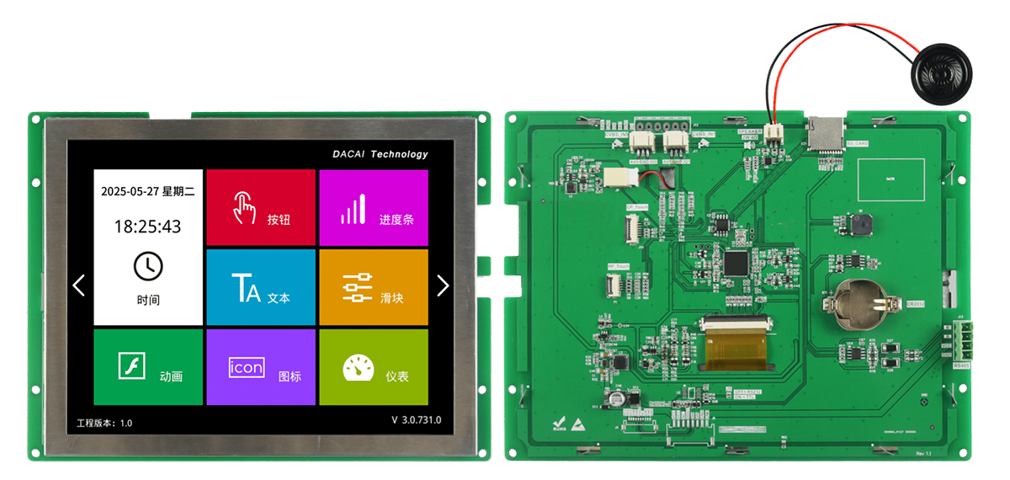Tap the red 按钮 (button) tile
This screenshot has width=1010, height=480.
tap(261, 208)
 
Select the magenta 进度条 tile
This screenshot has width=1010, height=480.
tap(373, 208)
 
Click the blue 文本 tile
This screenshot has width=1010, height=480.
tap(261, 287)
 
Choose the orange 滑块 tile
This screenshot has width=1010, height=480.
tap(373, 287)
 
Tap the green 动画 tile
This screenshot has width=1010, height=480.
tap(148, 366)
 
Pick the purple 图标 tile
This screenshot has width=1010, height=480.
tap(261, 366)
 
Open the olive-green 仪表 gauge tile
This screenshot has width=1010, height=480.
tap(373, 366)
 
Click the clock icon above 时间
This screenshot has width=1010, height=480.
tap(148, 266)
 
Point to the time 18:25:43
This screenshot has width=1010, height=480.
tap(148, 227)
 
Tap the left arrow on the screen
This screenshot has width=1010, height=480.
tap(79, 285)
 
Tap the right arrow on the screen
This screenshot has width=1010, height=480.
tap(443, 285)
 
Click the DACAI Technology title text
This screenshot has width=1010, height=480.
tap(380, 154)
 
